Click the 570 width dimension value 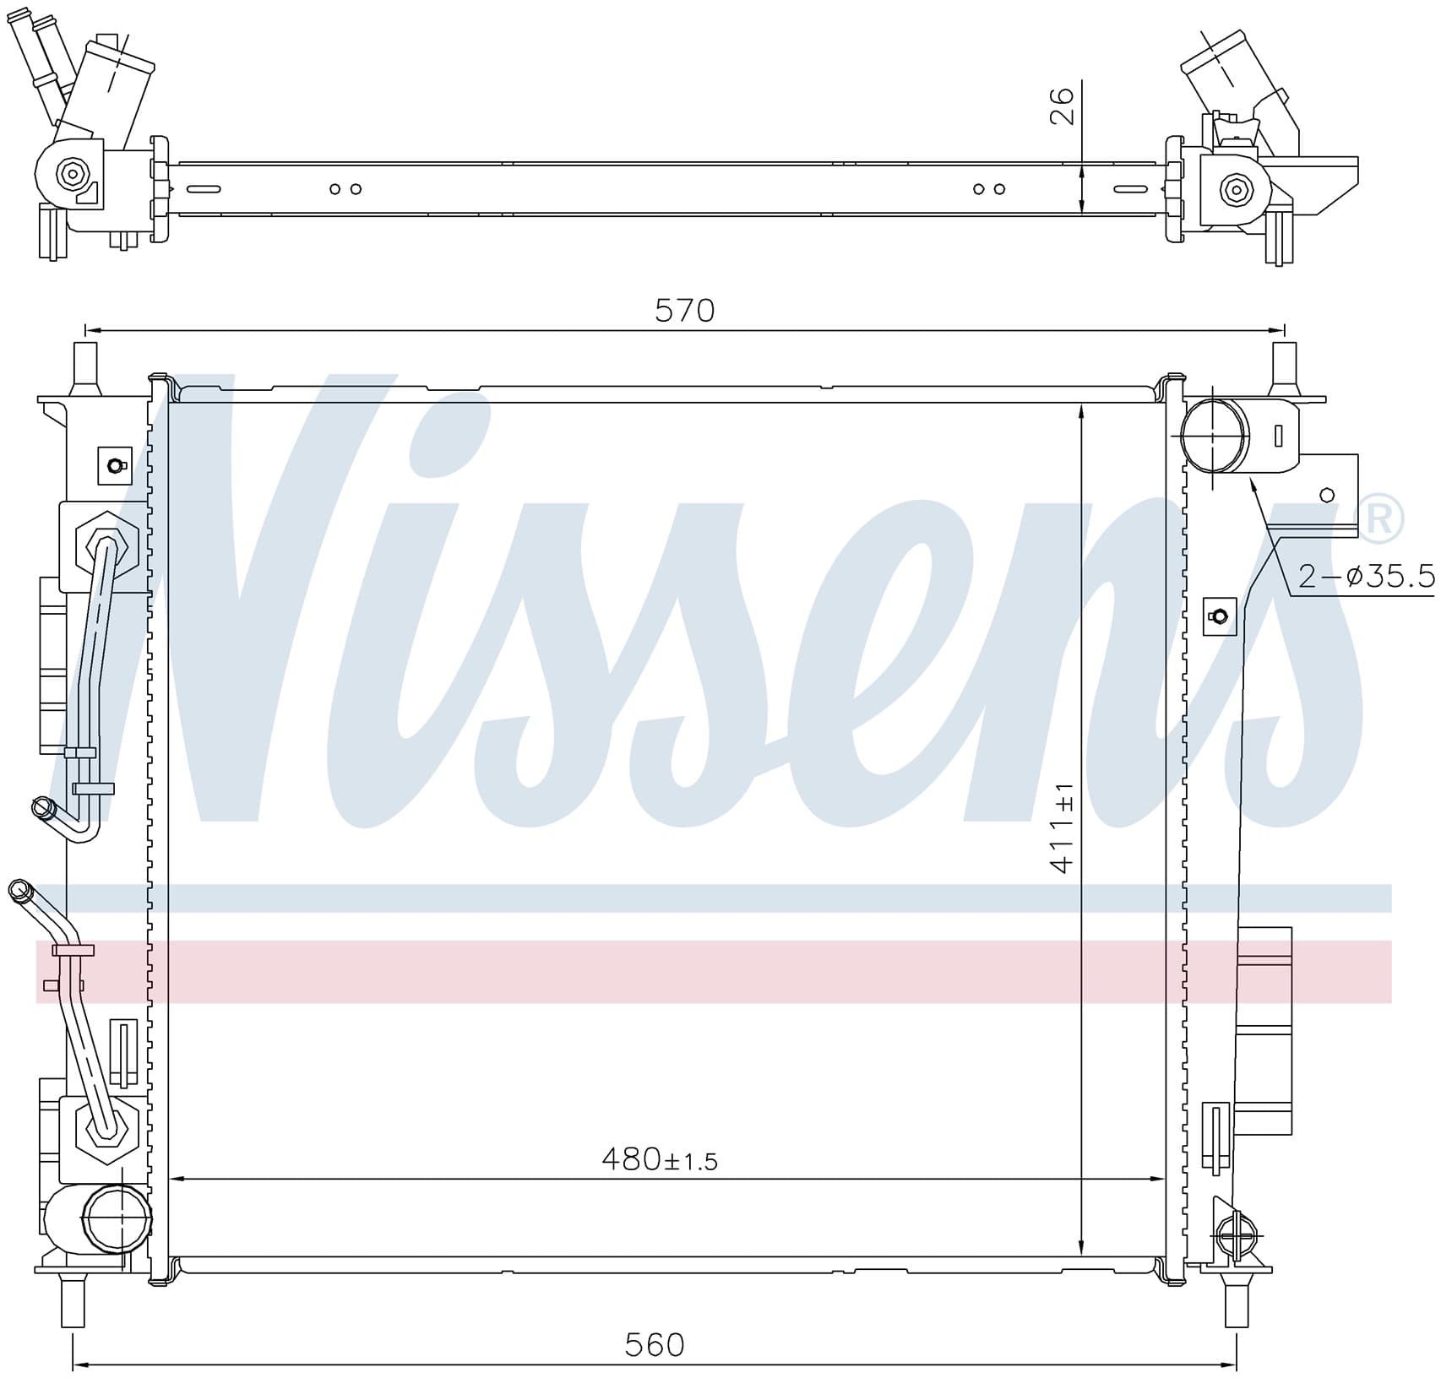coord(684,311)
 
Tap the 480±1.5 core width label coord(660,1159)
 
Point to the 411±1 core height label coord(1062,827)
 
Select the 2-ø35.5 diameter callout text coord(1366,577)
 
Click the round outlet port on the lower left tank coord(117,1218)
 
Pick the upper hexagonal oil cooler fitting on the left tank coord(106,545)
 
